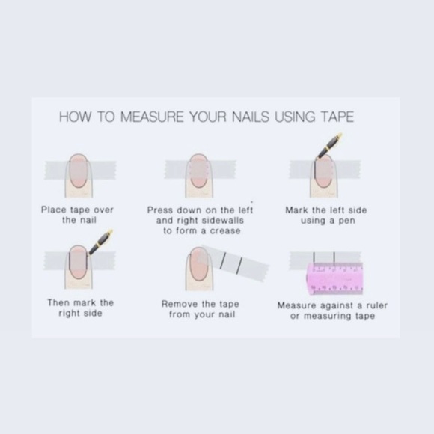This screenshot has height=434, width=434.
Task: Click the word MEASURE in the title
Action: tap(152, 117)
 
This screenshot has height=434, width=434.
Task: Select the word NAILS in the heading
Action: tap(250, 117)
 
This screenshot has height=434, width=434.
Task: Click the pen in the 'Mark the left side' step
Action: tap(329, 146)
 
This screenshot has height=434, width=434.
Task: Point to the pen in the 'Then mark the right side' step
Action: tap(101, 242)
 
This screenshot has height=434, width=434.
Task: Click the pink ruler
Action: tap(335, 279)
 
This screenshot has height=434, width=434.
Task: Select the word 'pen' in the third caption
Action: tap(346, 221)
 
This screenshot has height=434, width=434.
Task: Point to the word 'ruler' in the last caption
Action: tap(376, 305)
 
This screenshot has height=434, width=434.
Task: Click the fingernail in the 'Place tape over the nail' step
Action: tap(79, 171)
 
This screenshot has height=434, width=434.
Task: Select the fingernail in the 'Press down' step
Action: tap(198, 171)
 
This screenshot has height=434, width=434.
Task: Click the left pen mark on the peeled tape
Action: tap(223, 260)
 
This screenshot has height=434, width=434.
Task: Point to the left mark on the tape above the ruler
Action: tap(314, 258)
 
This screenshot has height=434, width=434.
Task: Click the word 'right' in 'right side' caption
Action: tap(70, 314)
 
